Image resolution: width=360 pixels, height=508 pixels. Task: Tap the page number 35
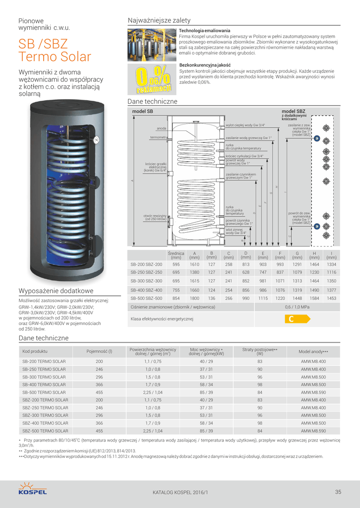[338, 492]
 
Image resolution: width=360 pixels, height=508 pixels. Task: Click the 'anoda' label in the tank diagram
[161, 128]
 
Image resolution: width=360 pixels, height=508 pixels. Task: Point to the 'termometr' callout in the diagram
[157, 137]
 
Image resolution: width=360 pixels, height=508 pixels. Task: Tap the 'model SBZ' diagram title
[293, 112]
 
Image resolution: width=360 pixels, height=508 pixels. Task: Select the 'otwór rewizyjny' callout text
[154, 217]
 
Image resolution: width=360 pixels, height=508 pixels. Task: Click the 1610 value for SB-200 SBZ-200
[195, 264]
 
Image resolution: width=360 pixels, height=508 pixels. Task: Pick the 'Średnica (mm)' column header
[176, 255]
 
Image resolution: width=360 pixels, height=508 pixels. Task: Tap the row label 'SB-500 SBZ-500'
[146, 298]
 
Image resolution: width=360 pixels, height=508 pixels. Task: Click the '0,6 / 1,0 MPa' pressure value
[297, 307]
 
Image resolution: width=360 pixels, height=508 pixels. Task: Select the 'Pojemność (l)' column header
[99, 351]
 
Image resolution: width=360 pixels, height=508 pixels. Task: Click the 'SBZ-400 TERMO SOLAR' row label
[45, 423]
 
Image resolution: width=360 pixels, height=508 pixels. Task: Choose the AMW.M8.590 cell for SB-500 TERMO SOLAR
[313, 392]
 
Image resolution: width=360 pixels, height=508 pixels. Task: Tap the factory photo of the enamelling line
[151, 45]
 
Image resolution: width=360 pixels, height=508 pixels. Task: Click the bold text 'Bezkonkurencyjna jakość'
[205, 65]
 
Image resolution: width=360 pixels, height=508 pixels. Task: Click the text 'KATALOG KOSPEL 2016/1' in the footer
[180, 493]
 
